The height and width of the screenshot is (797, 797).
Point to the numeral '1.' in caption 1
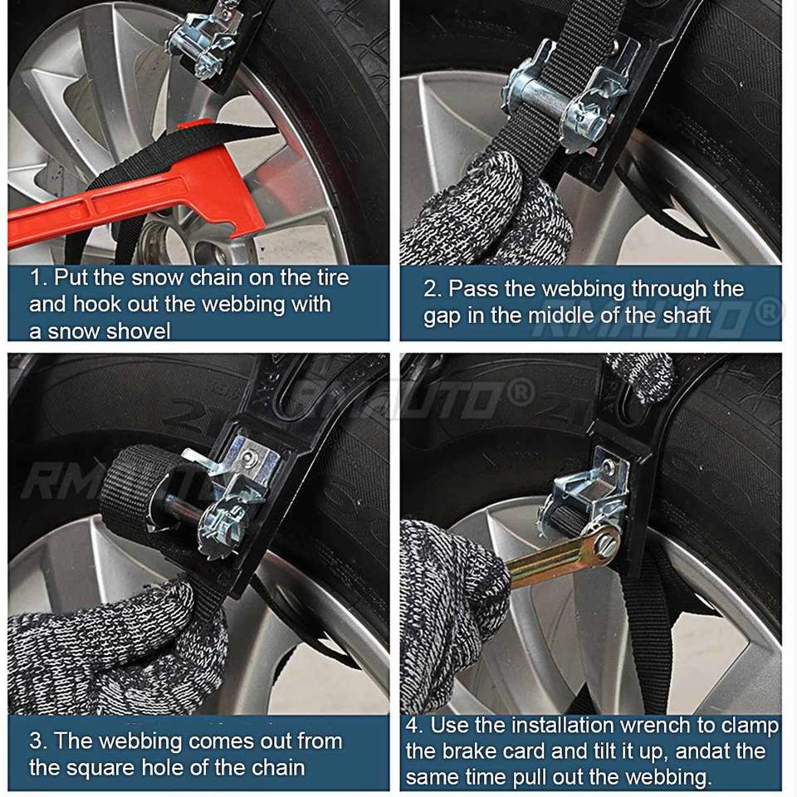pos(38,277)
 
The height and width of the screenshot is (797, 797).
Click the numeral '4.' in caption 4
pos(415,725)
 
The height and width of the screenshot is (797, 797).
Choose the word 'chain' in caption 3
pos(276,767)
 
